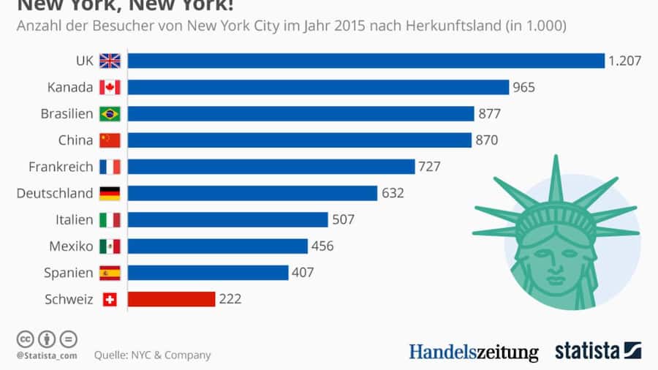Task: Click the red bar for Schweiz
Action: pos(171,299)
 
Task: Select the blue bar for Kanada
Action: pos(318,87)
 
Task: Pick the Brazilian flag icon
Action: pos(110,113)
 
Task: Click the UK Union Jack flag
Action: pos(110,61)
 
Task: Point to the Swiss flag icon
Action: pos(110,299)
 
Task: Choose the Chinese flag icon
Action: pos(110,140)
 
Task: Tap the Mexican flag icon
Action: pos(110,246)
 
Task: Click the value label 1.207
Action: pos(624,61)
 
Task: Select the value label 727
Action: pos(429,167)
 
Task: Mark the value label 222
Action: pos(230,299)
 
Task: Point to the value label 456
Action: pos(322,246)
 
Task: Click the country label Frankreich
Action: pos(61,167)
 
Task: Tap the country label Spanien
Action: pos(69,273)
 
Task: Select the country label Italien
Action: pos(74,219)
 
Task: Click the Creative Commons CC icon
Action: pos(26,339)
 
